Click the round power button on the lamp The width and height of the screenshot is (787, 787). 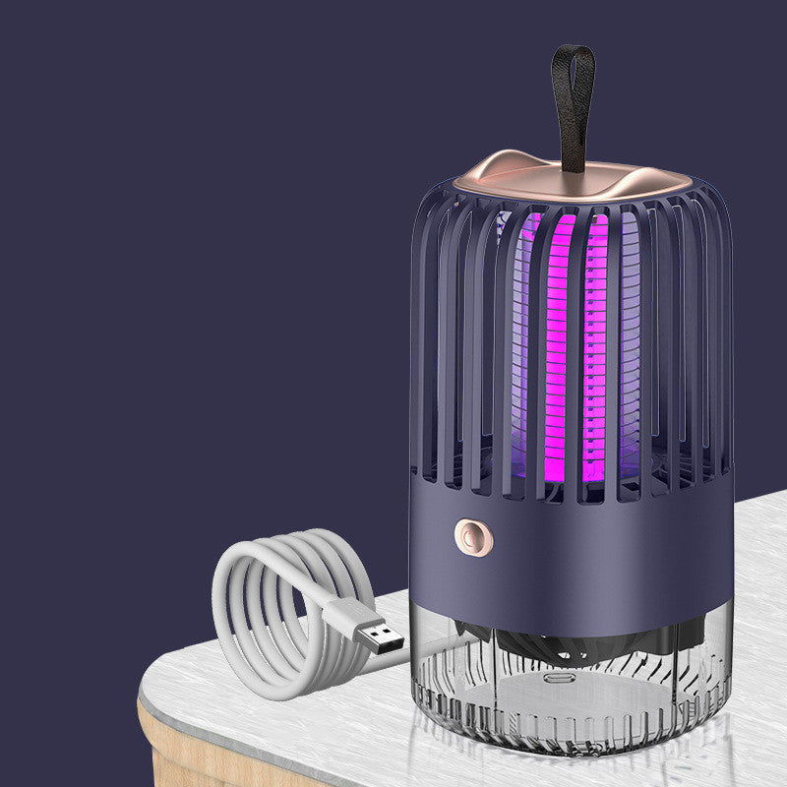point(468,537)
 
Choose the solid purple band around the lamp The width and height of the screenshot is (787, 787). point(590,551)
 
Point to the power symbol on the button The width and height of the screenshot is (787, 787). point(468,537)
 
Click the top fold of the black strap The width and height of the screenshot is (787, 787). point(573,51)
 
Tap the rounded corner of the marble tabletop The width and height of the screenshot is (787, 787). point(157,689)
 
